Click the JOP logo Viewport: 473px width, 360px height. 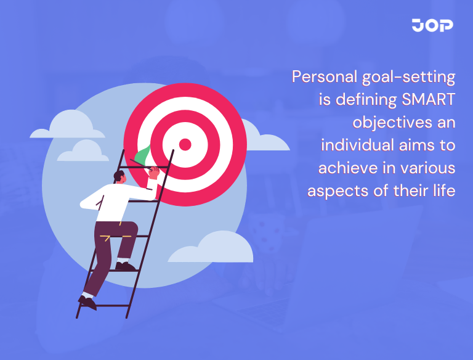coord(432,25)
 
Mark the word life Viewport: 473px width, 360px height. coord(445,190)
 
